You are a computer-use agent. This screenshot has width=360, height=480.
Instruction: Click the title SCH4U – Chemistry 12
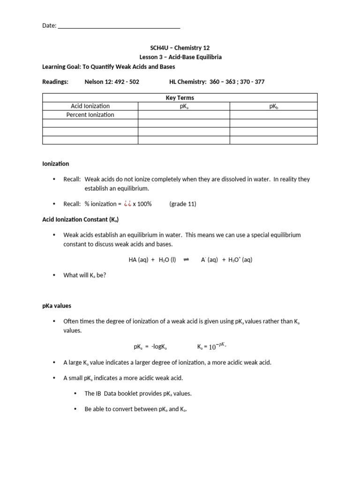coord(180,47)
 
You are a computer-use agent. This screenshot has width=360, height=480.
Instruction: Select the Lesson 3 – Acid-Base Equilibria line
coord(180,57)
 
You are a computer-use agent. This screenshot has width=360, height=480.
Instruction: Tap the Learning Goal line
coord(109,67)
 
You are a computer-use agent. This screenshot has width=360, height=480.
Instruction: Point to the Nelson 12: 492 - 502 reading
coord(112,82)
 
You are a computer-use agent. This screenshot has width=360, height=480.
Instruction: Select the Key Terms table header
coord(180,98)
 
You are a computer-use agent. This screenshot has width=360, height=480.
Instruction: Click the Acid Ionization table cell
coord(90,106)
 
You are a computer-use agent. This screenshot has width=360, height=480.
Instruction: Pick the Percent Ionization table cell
coord(90,115)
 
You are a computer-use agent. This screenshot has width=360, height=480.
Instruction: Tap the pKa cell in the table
coord(184,106)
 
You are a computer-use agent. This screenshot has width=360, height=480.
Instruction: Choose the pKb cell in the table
coord(273,106)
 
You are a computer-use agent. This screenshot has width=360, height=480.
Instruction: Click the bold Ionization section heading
coord(56,164)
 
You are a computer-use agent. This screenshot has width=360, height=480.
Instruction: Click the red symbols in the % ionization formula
coord(127,204)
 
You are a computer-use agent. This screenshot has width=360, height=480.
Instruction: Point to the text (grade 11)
coord(183,204)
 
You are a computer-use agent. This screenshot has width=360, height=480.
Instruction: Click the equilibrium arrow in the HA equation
coord(186,260)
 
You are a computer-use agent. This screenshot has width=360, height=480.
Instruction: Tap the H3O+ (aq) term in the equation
coord(240,260)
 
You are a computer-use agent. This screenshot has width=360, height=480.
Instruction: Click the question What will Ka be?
coord(85,275)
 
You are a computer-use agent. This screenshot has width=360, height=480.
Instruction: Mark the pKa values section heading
coord(57,306)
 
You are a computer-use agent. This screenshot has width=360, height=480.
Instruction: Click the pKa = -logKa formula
coord(150,347)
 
